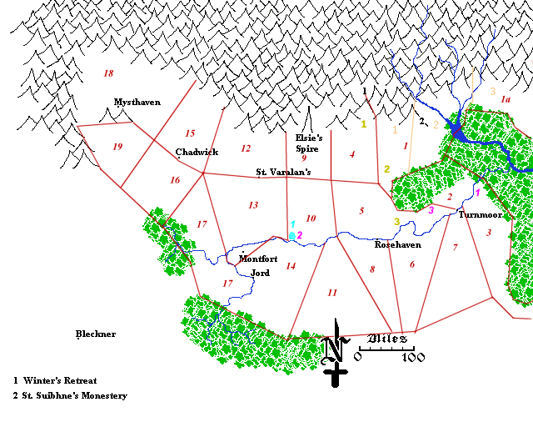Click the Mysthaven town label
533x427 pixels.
tap(137, 102)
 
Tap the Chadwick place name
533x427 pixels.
tap(197, 152)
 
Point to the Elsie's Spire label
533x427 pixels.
tap(307, 143)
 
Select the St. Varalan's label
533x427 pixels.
tap(283, 173)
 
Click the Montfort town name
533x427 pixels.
tap(258, 259)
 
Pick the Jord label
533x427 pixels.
tap(260, 273)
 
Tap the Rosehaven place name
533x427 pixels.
tap(397, 245)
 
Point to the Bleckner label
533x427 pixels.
tap(95, 334)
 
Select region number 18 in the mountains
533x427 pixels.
tap(108, 73)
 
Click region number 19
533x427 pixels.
tap(117, 147)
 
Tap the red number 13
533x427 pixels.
tap(253, 204)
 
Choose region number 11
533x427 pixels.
tap(332, 292)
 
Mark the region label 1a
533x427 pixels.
tap(505, 98)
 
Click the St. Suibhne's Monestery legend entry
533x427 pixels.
tap(70, 395)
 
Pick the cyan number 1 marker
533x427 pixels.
tap(292, 224)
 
